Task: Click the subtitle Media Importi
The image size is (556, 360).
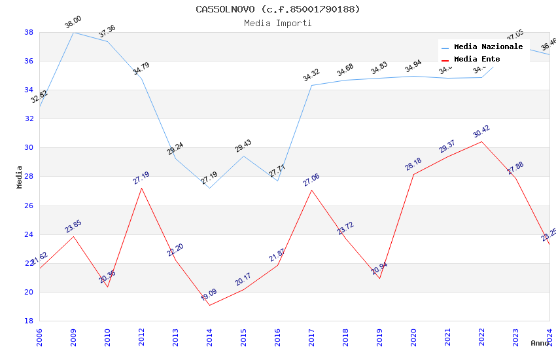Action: (x=277, y=23)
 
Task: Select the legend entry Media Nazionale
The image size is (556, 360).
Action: (x=488, y=47)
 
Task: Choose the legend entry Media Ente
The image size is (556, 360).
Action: (x=477, y=59)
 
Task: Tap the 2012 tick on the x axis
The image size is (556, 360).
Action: (x=141, y=337)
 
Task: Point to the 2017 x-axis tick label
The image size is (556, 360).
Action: (x=311, y=337)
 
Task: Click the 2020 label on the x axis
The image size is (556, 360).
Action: (x=413, y=337)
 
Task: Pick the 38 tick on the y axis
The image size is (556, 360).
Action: (x=29, y=32)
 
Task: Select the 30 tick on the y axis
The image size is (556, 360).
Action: (x=29, y=147)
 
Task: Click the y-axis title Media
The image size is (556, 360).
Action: (x=20, y=177)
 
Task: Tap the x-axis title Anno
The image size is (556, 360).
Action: (x=540, y=343)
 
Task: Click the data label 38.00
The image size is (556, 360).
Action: (x=73, y=24)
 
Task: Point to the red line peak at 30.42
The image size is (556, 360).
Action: (x=481, y=141)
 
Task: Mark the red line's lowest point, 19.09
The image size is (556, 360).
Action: (x=209, y=305)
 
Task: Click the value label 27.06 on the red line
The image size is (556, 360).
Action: (x=311, y=180)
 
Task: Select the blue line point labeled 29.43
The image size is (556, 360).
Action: (x=243, y=156)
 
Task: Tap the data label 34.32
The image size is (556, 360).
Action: (x=311, y=76)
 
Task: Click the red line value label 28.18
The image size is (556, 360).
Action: (x=413, y=164)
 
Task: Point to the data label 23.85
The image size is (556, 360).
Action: (x=73, y=226)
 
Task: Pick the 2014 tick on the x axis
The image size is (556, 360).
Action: (x=209, y=337)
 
